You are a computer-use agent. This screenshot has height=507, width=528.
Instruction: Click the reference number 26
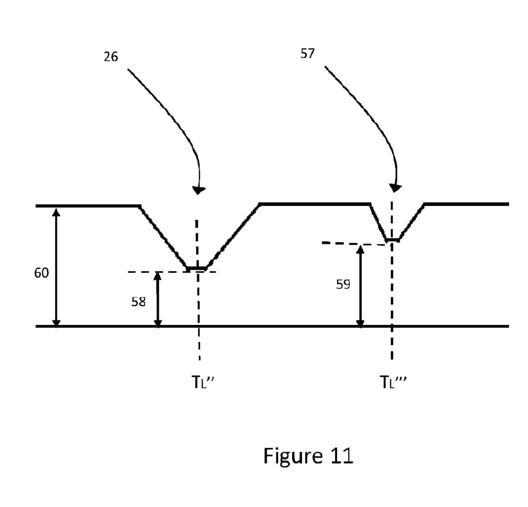tap(111, 57)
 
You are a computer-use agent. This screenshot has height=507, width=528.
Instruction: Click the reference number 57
tap(307, 53)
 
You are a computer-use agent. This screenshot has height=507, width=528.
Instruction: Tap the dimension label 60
tap(41, 273)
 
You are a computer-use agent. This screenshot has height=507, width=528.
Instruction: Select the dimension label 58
tap(139, 302)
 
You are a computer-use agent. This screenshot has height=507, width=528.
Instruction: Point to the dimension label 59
tap(343, 284)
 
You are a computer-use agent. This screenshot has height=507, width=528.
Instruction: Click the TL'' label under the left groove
tap(203, 382)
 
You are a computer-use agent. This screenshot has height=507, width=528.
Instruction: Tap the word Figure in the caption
tap(293, 456)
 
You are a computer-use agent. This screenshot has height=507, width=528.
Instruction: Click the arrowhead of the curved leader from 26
tap(198, 190)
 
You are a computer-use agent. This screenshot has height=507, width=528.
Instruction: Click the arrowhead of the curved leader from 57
tap(395, 187)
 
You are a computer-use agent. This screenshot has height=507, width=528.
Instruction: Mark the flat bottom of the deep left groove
tap(197, 268)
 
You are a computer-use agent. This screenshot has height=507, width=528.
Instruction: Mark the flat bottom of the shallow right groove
tap(393, 240)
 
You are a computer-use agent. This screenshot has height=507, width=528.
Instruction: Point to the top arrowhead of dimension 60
tap(57, 213)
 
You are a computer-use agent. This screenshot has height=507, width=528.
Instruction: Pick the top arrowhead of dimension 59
tap(360, 250)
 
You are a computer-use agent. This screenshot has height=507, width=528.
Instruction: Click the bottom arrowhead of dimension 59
tap(360, 322)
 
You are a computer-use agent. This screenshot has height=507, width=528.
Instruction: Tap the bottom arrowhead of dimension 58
tap(158, 322)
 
